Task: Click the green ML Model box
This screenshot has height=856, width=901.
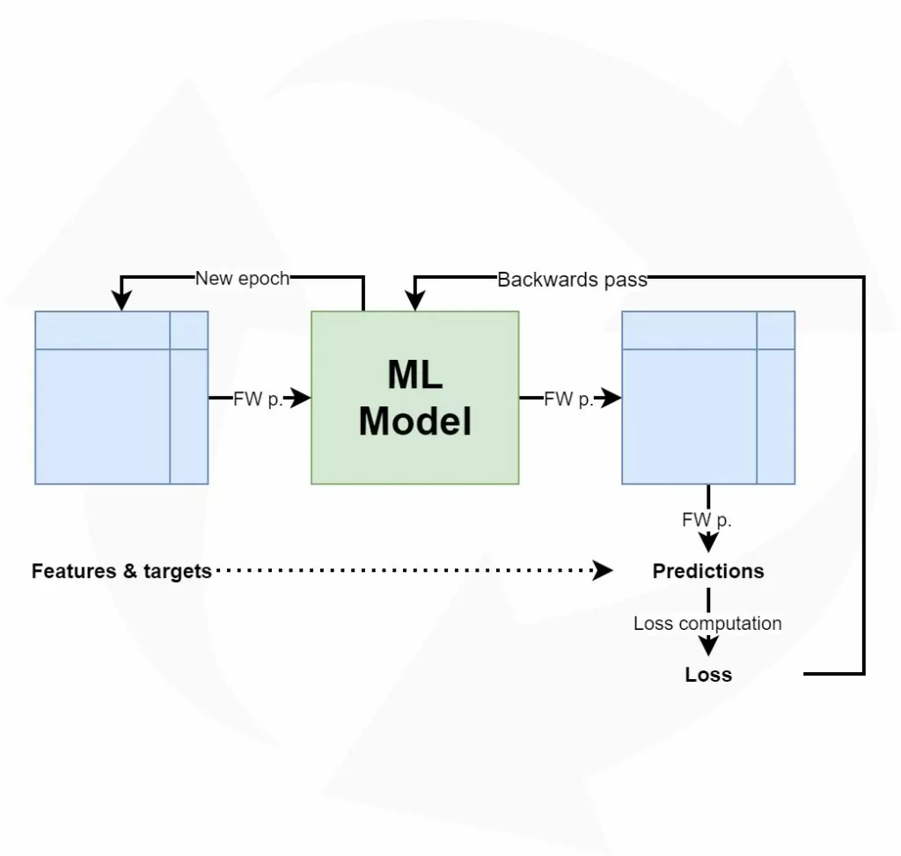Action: pyautogui.click(x=414, y=397)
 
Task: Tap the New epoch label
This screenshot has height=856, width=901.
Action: pyautogui.click(x=242, y=279)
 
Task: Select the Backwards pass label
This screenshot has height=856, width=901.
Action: pyautogui.click(x=572, y=280)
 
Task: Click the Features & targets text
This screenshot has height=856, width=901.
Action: pyautogui.click(x=121, y=571)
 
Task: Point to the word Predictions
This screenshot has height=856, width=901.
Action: pyautogui.click(x=707, y=571)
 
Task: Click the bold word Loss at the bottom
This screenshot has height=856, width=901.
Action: pyautogui.click(x=708, y=675)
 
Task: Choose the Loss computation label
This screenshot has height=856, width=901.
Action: pyautogui.click(x=707, y=624)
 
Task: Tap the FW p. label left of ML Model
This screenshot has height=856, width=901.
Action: pyautogui.click(x=258, y=399)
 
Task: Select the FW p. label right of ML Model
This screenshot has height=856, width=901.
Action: pyautogui.click(x=568, y=399)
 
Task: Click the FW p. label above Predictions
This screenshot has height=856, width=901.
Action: pyautogui.click(x=707, y=520)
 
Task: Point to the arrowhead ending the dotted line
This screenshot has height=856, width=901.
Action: pyautogui.click(x=604, y=571)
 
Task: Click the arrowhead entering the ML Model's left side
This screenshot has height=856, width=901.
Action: pyautogui.click(x=301, y=399)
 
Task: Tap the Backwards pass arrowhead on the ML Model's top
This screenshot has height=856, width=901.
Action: pyautogui.click(x=414, y=302)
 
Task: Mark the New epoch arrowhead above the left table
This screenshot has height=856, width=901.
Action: pyautogui.click(x=121, y=302)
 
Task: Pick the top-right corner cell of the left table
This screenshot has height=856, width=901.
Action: pyautogui.click(x=189, y=330)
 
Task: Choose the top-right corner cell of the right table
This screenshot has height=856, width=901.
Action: pyautogui.click(x=775, y=330)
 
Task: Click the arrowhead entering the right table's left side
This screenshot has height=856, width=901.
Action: pyautogui.click(x=612, y=399)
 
